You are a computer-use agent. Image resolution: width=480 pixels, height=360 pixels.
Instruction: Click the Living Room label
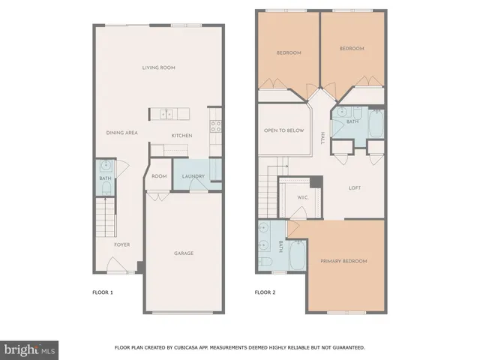(158, 67)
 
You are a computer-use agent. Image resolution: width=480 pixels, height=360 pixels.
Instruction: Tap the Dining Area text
(121, 133)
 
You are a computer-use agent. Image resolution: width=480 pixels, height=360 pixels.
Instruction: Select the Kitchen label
(181, 136)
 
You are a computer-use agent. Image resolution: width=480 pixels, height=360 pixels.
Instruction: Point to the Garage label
(184, 253)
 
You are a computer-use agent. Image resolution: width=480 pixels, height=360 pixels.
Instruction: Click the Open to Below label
(283, 130)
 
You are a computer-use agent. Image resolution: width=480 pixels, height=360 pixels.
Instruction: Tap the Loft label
(355, 188)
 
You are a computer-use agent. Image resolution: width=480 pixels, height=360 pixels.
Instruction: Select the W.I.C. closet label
(303, 198)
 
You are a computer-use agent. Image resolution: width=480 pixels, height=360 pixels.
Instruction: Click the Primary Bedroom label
(343, 261)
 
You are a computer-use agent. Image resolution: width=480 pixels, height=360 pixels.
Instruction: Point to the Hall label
(323, 138)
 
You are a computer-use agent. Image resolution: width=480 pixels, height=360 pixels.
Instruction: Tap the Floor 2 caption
(265, 292)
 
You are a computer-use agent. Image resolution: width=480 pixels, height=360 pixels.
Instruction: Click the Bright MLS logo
(30, 349)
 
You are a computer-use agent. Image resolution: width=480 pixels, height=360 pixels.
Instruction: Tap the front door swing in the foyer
(116, 265)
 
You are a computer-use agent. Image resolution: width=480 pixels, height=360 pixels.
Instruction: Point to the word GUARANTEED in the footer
(348, 347)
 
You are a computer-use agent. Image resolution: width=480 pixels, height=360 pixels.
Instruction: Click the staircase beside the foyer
(105, 217)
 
